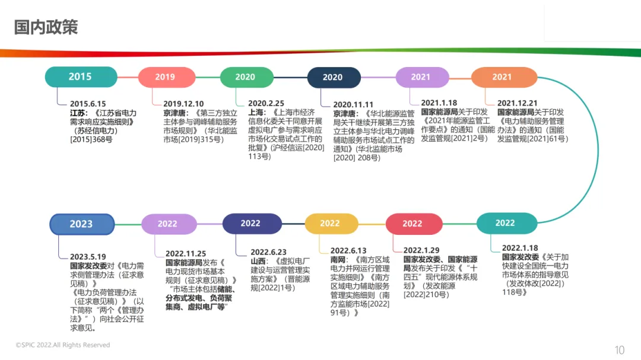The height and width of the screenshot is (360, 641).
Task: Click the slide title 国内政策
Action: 46,27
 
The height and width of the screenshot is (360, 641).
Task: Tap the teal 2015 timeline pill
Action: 81,77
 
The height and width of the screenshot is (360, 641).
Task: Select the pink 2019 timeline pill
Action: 166,77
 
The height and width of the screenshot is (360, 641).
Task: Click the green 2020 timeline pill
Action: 246,77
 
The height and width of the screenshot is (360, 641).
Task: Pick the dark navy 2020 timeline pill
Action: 333,77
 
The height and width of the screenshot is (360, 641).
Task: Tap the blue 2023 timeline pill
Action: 81,224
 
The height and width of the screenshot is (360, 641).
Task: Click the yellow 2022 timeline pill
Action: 331,224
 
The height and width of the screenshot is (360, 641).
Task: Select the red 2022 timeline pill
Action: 413,224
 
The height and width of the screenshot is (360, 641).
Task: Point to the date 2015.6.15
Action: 88,103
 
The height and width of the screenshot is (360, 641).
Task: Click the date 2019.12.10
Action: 183,103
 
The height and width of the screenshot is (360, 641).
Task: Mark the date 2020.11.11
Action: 353,104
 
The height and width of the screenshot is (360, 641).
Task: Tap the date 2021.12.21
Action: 518,103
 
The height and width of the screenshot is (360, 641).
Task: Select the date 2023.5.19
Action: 88,257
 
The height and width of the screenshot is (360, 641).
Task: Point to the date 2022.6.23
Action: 268,251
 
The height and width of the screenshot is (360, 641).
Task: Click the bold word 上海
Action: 257,112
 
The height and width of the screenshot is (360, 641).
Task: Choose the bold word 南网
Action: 339,259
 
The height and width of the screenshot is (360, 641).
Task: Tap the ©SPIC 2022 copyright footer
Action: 63,345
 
